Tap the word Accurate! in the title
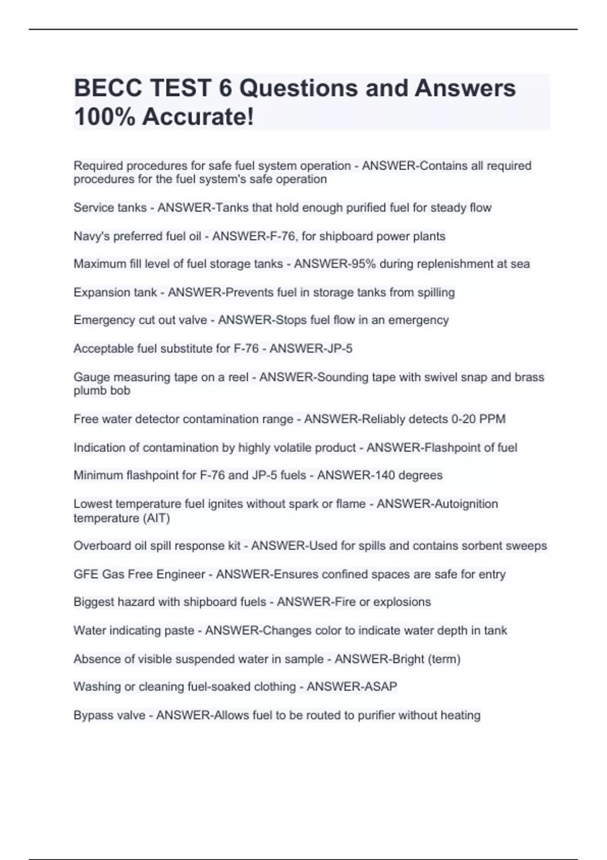pyautogui.click(x=198, y=117)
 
